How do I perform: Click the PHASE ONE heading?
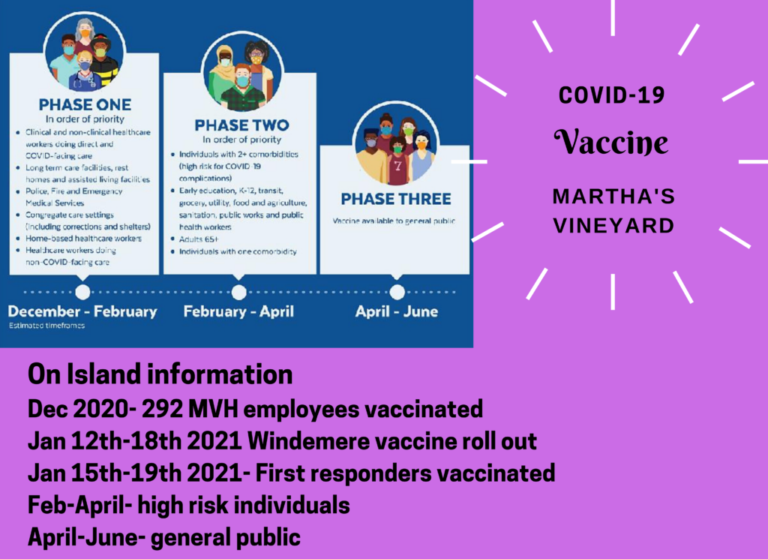[x=85, y=104]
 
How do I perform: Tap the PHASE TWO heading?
[x=242, y=125]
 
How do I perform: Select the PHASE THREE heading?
[x=396, y=199]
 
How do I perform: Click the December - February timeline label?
[x=82, y=311]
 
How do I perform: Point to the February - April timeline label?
[x=238, y=311]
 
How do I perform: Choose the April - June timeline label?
[x=397, y=311]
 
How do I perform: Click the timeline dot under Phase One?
[x=82, y=292]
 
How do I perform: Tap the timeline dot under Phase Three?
[x=397, y=292]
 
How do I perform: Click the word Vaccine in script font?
[x=611, y=142]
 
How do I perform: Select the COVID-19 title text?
[x=612, y=95]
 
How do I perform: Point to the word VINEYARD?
[x=613, y=226]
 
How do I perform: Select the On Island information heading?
[x=160, y=374]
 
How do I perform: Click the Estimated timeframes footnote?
[x=46, y=326]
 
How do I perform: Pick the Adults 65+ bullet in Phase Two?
[x=199, y=239]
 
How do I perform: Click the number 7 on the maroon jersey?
[x=397, y=166]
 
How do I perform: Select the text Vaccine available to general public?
[x=394, y=221]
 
